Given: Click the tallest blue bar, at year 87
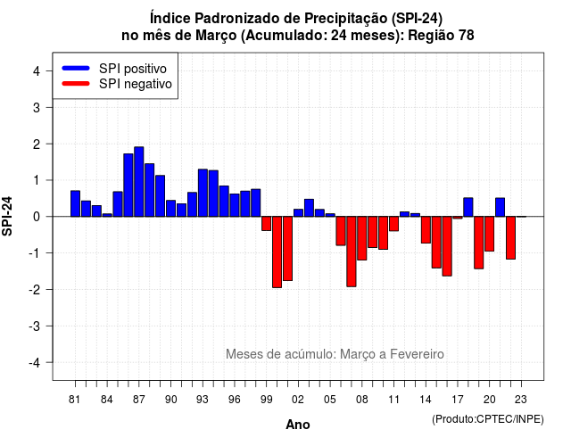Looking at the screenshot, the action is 139,182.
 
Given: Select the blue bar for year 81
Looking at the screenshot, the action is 75,203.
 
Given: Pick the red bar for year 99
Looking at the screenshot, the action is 266,224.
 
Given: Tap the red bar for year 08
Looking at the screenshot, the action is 362,238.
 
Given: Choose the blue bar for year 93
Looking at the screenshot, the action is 203,193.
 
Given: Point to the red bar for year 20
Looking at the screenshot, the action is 490,234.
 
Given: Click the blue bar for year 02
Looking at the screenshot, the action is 298,212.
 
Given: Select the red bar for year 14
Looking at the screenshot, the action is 426,230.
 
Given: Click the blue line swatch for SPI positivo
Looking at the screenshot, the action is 76,68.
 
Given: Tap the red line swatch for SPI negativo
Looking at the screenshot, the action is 76,84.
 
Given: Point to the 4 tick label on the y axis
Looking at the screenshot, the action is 37,71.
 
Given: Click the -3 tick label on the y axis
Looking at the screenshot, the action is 34,326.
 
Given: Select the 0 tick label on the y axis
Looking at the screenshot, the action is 37,217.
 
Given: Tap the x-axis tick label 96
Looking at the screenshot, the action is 235,400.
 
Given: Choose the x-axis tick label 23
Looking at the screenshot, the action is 521,400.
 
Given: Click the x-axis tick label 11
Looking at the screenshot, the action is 393,400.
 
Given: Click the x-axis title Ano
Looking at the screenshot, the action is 298,425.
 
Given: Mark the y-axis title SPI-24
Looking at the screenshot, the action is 7,216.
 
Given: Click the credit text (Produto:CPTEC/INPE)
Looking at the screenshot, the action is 488,419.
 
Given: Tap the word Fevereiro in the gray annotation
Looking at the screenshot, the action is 417,354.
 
